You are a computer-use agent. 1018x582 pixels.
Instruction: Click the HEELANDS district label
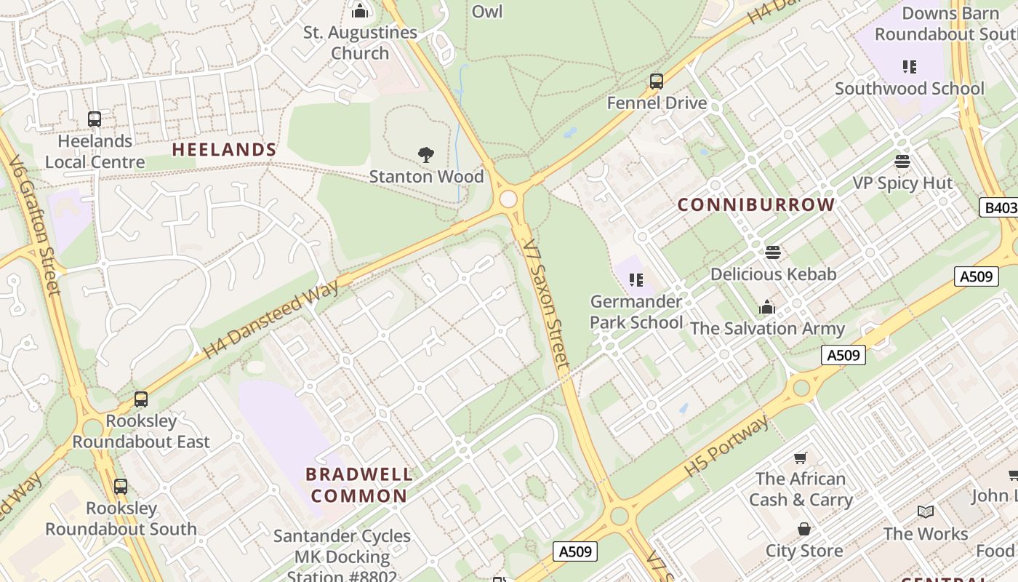pyautogui.click(x=224, y=150)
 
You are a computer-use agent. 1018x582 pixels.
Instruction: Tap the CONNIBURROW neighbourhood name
pyautogui.click(x=756, y=205)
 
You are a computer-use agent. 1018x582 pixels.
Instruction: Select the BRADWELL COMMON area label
pyautogui.click(x=359, y=485)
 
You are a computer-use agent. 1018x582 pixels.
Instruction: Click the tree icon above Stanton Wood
pyautogui.click(x=426, y=154)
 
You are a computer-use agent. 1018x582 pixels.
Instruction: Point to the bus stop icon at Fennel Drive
pyautogui.click(x=657, y=81)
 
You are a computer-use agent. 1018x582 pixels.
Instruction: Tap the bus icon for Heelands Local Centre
pyautogui.click(x=95, y=119)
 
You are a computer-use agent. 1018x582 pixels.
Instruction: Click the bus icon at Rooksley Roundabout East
pyautogui.click(x=141, y=399)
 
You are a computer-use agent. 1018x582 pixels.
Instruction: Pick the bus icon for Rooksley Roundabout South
pyautogui.click(x=121, y=487)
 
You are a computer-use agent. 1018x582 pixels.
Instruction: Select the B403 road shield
pyautogui.click(x=999, y=208)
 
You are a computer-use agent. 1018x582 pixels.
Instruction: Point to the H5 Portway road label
pyautogui.click(x=726, y=447)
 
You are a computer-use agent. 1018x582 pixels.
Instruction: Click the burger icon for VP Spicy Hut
pyautogui.click(x=902, y=162)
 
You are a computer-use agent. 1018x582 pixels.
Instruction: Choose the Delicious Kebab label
pyautogui.click(x=773, y=274)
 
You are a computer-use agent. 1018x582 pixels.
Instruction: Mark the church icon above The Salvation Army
pyautogui.click(x=767, y=308)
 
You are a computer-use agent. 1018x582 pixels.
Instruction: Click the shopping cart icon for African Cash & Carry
pyautogui.click(x=801, y=458)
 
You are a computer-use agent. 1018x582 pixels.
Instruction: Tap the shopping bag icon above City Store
pyautogui.click(x=804, y=529)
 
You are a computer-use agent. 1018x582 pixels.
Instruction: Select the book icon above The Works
pyautogui.click(x=926, y=512)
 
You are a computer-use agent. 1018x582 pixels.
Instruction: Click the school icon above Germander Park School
pyautogui.click(x=636, y=279)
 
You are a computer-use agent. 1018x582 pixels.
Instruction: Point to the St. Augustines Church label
pyautogui.click(x=360, y=43)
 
